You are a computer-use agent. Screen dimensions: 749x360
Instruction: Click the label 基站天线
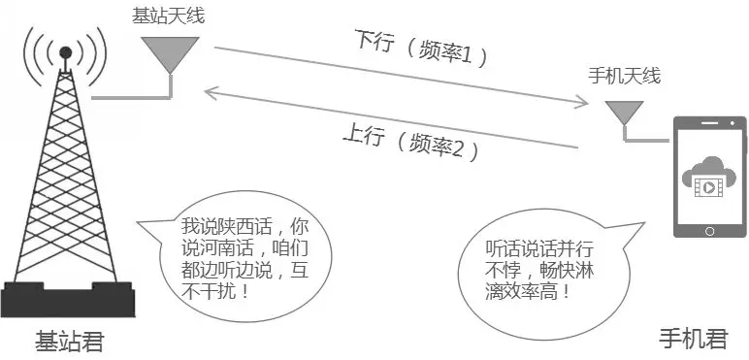pyautogui.click(x=169, y=16)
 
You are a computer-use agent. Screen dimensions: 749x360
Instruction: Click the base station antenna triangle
pyautogui.click(x=170, y=51)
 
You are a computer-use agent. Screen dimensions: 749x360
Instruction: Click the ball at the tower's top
pyautogui.click(x=65, y=50)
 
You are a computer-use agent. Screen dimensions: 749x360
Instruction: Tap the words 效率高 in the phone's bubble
pyautogui.click(x=541, y=289)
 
